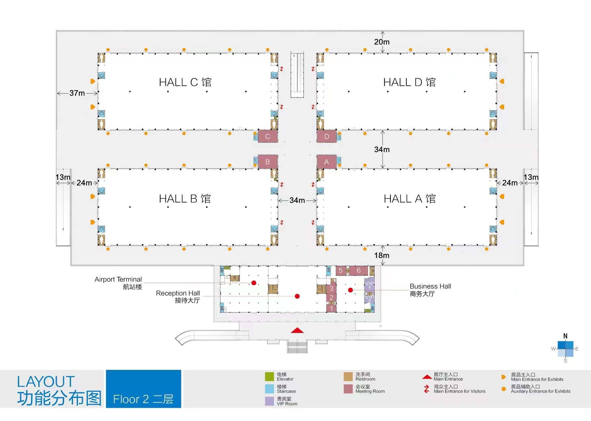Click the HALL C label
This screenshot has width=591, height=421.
pyautogui.click(x=185, y=82)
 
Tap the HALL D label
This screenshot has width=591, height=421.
pyautogui.click(x=409, y=82)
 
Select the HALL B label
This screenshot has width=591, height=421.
pyautogui.click(x=185, y=199)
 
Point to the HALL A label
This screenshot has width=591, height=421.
pyautogui.click(x=410, y=199)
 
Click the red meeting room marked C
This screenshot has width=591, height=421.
pyautogui.click(x=268, y=136)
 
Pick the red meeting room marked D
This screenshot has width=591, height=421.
pyautogui.click(x=327, y=136)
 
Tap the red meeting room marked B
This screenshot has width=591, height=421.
pyautogui.click(x=268, y=162)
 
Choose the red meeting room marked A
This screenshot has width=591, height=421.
pyautogui.click(x=327, y=162)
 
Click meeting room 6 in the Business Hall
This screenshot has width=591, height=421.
pyautogui.click(x=359, y=271)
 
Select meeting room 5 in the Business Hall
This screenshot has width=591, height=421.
pyautogui.click(x=341, y=271)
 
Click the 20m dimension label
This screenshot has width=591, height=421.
pyautogui.click(x=382, y=42)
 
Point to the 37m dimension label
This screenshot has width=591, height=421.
pyautogui.click(x=77, y=93)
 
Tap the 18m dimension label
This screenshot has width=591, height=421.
pyautogui.click(x=382, y=255)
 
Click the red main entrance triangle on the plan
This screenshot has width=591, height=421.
pyautogui.click(x=297, y=330)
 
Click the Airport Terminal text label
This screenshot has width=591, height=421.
pyautogui.click(x=118, y=279)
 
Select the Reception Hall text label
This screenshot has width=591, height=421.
pyautogui.click(x=178, y=293)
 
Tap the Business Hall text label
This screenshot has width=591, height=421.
pyautogui.click(x=430, y=286)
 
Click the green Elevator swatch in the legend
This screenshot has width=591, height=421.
pyautogui.click(x=269, y=376)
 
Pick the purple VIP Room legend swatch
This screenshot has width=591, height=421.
pyautogui.click(x=269, y=401)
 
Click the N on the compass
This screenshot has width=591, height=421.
pyautogui.click(x=565, y=336)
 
